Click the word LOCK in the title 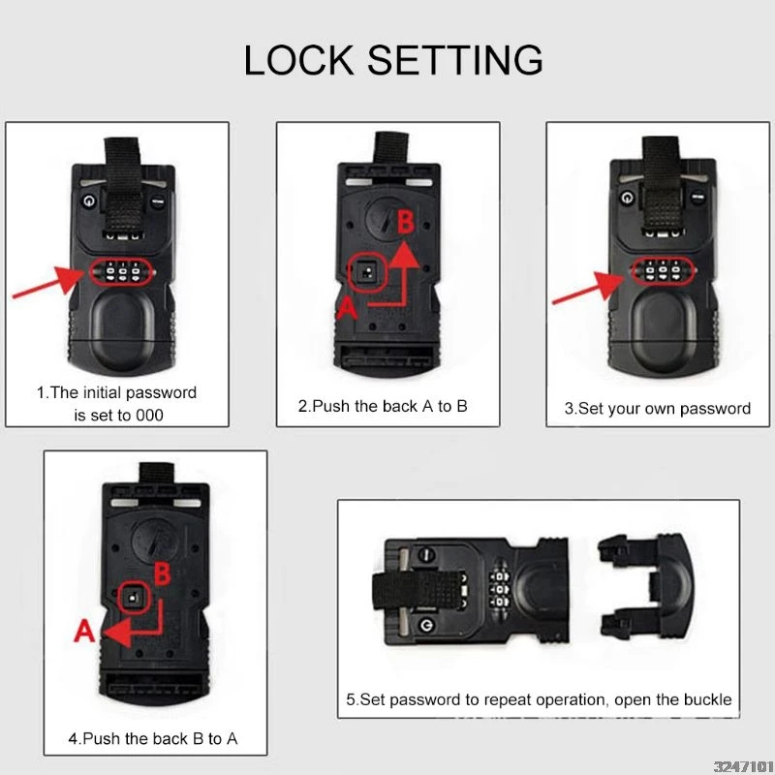click(x=298, y=60)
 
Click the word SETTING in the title click(x=454, y=60)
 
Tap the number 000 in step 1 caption click(x=149, y=416)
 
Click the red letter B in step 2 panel click(x=406, y=222)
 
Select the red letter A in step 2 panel click(x=347, y=308)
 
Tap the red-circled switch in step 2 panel click(x=368, y=272)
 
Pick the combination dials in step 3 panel click(x=664, y=271)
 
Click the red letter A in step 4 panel click(x=84, y=631)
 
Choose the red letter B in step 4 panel click(x=162, y=574)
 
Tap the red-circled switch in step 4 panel click(x=135, y=597)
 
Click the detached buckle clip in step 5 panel click(x=645, y=586)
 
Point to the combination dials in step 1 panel click(x=119, y=271)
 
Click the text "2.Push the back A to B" click(x=383, y=406)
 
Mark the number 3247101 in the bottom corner click(x=744, y=766)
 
